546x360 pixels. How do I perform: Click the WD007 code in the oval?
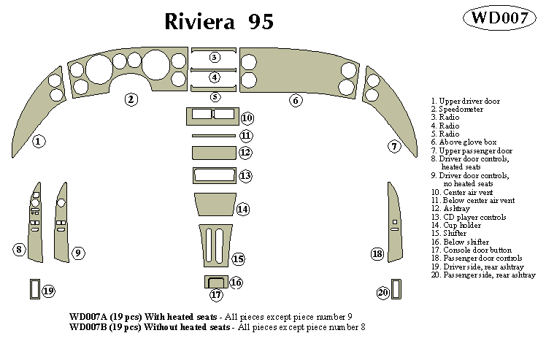[500, 19]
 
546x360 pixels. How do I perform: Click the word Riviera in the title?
[199, 22]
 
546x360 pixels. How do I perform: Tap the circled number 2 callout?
[131, 99]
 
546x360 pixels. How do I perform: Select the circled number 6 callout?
[296, 101]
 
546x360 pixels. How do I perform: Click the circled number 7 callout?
[394, 146]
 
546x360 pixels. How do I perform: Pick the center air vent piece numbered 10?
[210, 116]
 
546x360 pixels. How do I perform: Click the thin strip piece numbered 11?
[213, 136]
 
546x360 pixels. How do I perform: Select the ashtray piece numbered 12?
[213, 152]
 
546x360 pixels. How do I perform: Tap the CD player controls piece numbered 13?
[213, 175]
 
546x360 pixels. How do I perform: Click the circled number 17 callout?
[216, 295]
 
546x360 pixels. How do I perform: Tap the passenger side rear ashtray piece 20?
[396, 289]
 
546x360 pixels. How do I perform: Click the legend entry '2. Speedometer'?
[457, 109]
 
